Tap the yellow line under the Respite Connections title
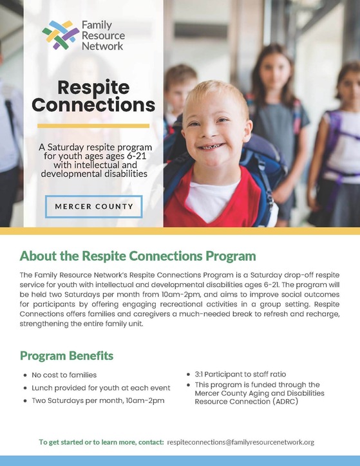[x=93, y=126]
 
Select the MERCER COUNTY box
[x=93, y=207]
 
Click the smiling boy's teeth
[x=207, y=146]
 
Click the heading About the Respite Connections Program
[x=138, y=256]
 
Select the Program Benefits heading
[x=67, y=355]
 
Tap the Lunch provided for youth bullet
[x=100, y=387]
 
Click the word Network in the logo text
[x=102, y=46]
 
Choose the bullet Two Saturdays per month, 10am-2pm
[x=98, y=400]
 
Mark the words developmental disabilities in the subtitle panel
[x=93, y=173]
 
